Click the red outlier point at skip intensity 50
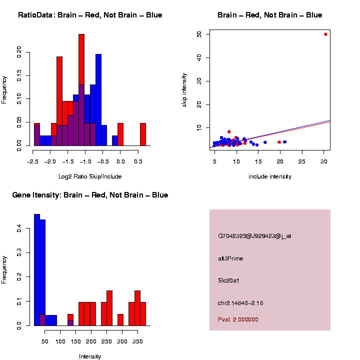point(325,34)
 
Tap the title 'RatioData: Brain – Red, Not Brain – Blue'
point(90,15)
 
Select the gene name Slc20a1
point(229,280)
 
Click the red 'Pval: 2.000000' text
point(238,319)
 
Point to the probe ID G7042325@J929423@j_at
point(254,236)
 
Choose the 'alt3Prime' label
point(230,258)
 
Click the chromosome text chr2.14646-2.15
point(240,303)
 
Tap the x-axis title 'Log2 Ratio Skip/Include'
point(90,176)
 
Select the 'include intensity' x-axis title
point(270,176)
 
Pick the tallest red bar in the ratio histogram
point(81,90)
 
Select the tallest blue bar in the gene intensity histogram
point(36,270)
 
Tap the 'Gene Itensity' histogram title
point(90,195)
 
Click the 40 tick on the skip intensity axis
point(199,57)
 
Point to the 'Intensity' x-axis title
point(90,356)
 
